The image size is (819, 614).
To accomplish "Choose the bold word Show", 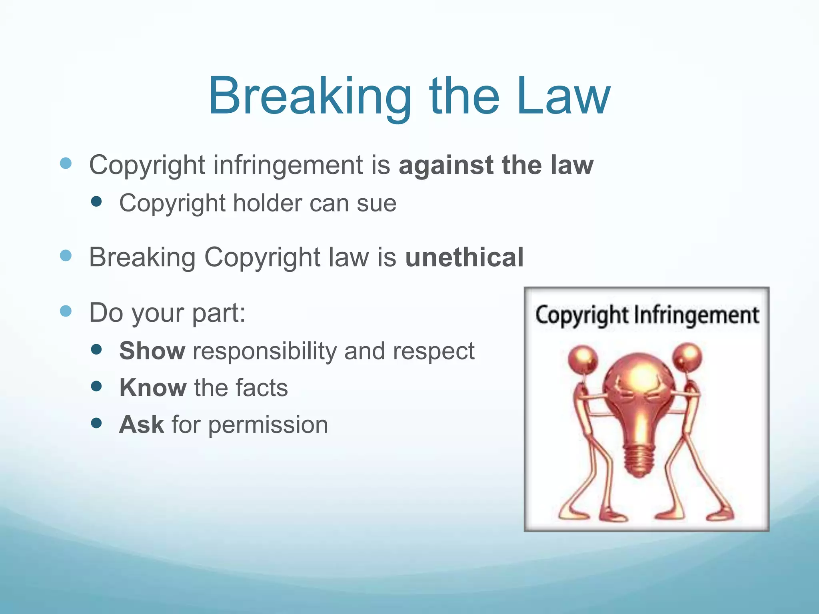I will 152,351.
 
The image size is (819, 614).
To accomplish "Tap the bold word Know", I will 153,388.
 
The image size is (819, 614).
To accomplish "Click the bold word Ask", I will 142,425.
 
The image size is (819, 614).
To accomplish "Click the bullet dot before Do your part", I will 66,311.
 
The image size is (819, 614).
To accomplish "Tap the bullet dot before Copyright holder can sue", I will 96,201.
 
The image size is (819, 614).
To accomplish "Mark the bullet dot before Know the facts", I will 96,386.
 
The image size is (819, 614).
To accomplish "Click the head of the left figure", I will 583,358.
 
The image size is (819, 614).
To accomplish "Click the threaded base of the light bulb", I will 639,460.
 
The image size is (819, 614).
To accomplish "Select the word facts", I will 262,388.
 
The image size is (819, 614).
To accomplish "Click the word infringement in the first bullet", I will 288,165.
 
